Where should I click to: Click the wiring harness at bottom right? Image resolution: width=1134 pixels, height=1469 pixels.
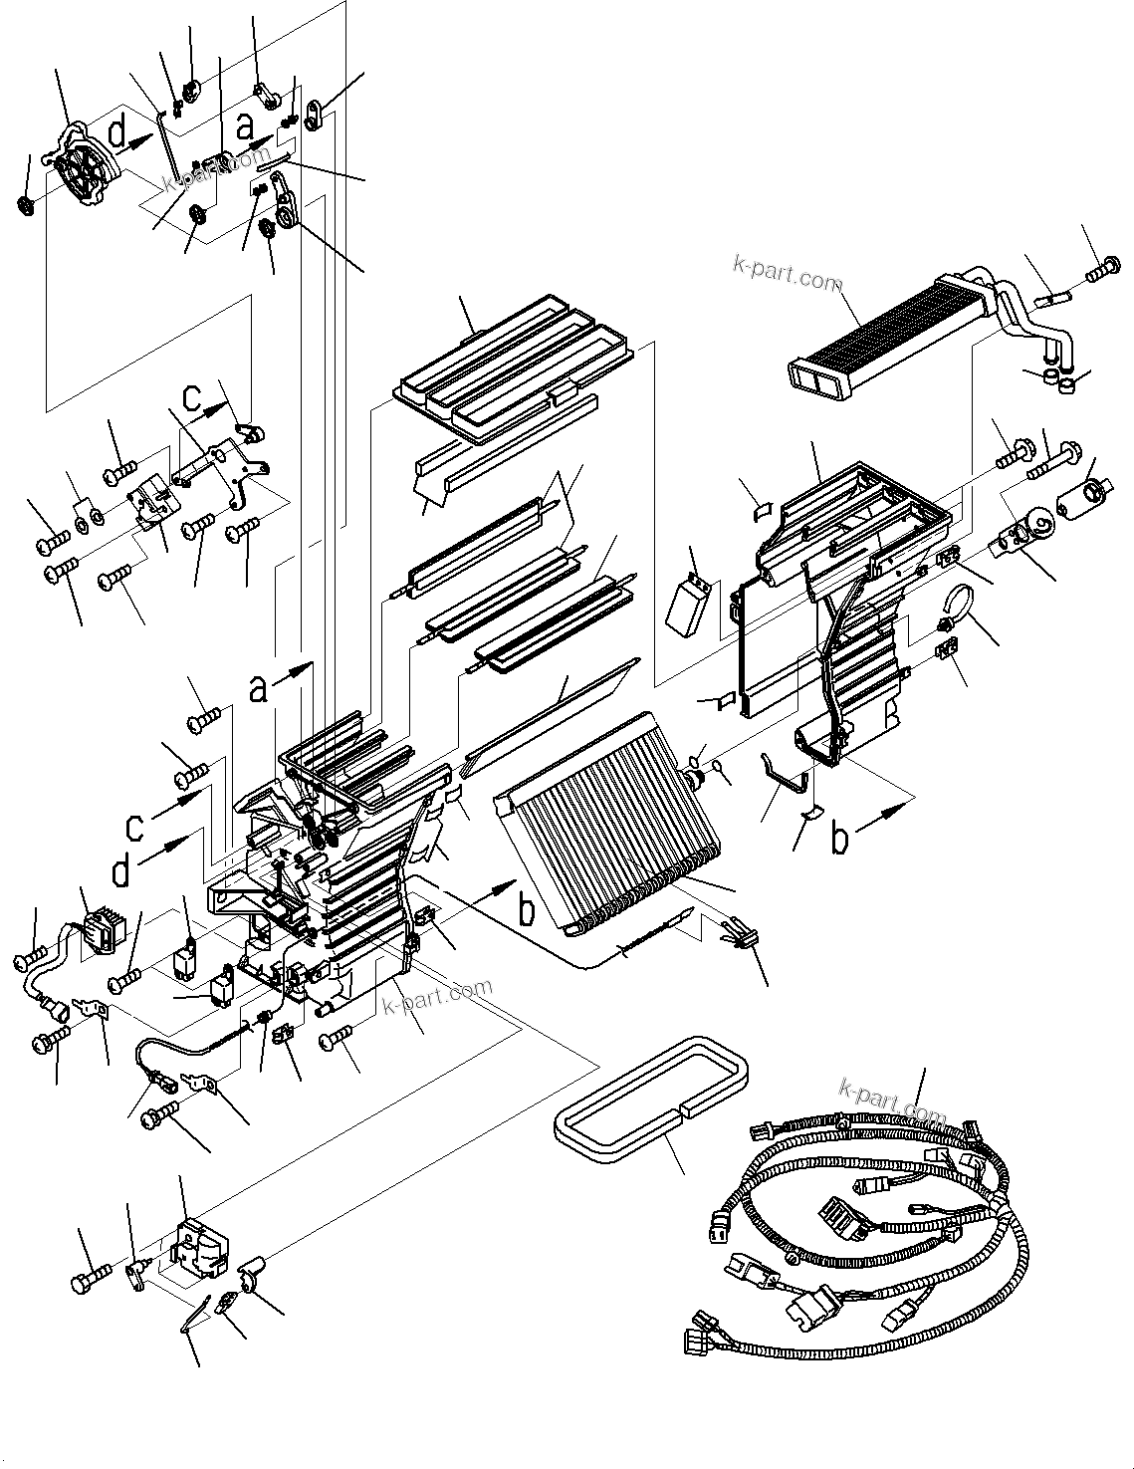876,1225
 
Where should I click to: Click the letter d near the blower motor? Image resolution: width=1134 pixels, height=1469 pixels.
117,132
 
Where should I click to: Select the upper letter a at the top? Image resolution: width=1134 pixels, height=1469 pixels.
246,127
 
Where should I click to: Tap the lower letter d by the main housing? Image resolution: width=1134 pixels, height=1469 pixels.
121,872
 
